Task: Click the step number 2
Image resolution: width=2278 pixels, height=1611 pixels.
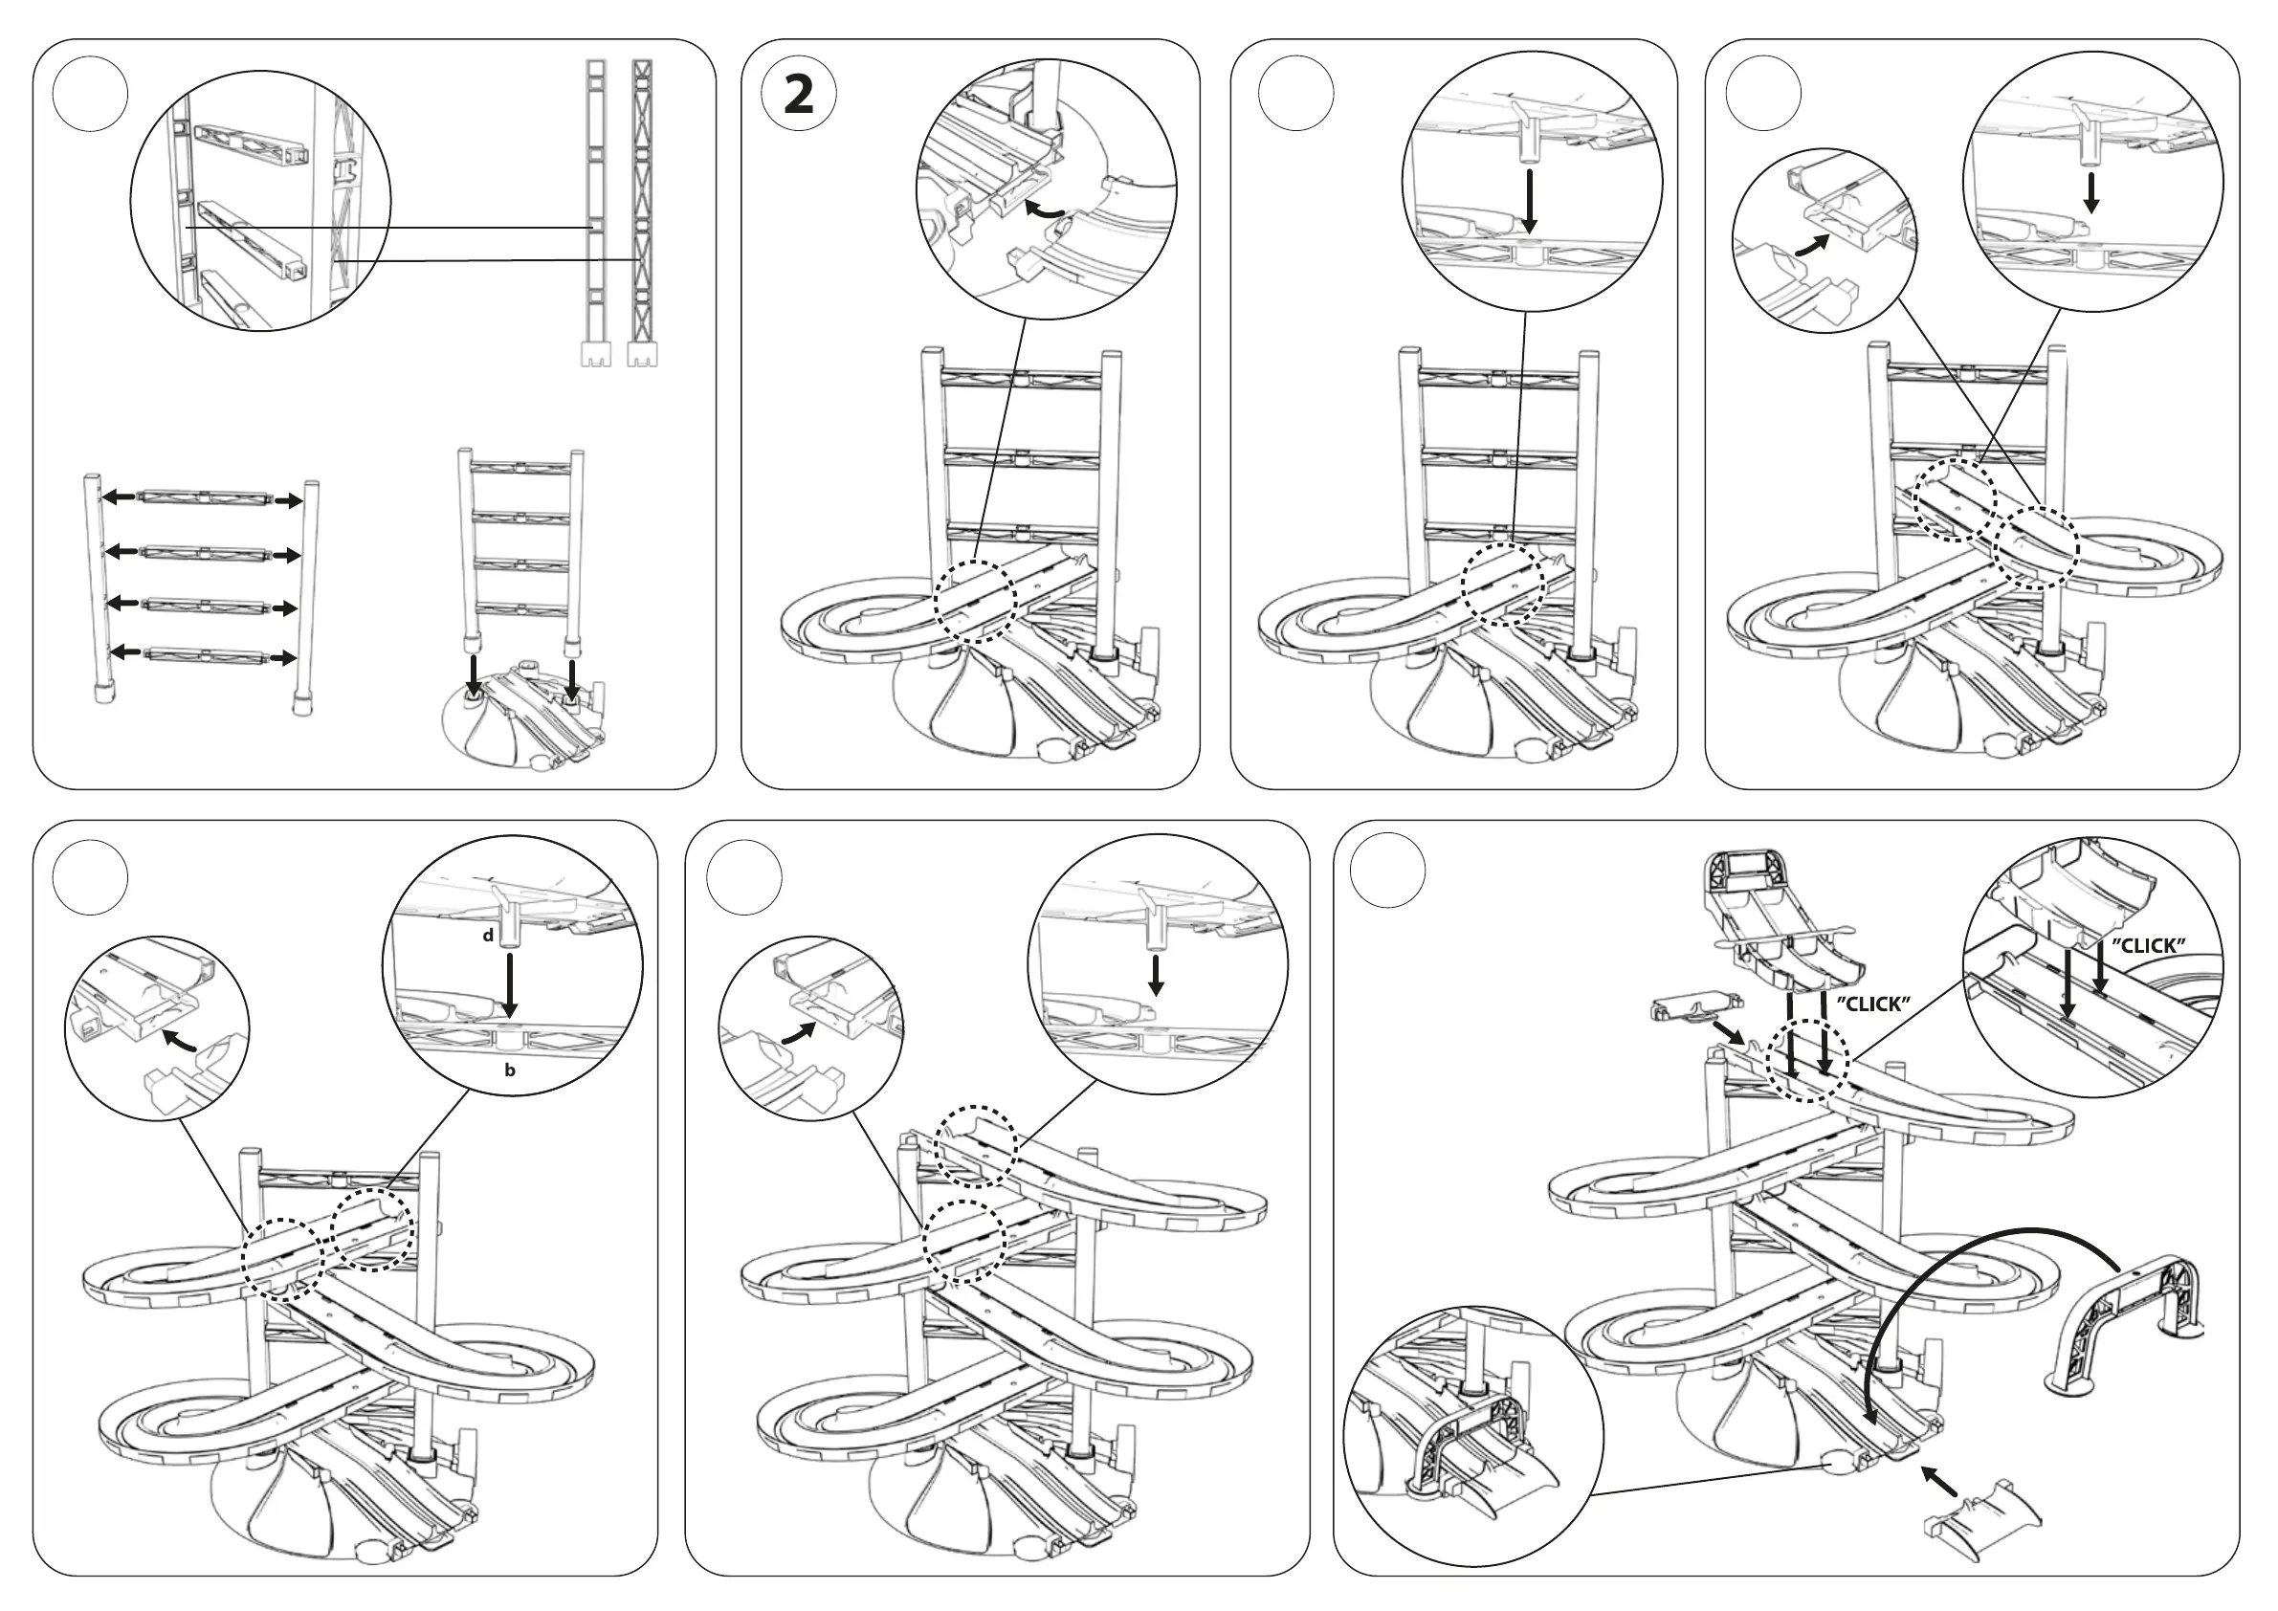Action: (799, 97)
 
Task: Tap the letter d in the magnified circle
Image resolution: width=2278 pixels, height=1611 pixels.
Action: (488, 936)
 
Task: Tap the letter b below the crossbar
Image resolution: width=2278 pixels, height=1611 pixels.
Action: (510, 1070)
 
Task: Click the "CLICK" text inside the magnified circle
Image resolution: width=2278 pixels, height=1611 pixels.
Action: (2148, 945)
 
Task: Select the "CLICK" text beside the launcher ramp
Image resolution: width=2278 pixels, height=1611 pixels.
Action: (1873, 1004)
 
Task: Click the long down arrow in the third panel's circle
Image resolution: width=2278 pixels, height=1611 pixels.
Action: (1531, 203)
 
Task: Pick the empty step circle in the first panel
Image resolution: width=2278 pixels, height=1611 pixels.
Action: (90, 95)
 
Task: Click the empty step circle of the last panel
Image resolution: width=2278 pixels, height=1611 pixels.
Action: (1388, 869)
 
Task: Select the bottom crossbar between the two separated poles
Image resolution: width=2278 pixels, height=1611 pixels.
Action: (205, 655)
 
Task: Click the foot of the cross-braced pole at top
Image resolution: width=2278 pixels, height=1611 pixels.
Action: (643, 355)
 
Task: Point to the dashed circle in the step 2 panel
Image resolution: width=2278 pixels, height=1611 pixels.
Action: (976, 601)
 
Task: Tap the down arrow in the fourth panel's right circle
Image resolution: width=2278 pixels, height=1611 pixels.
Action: (2091, 193)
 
